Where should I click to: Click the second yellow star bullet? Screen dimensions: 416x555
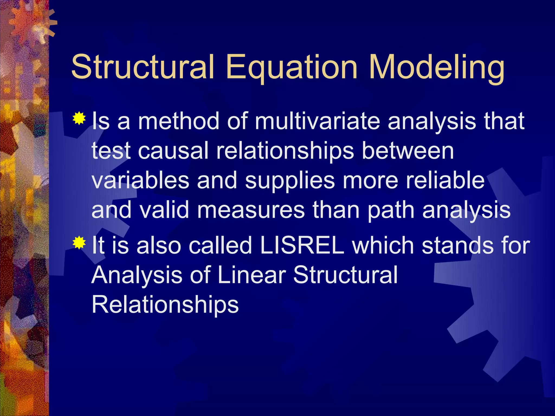(x=79, y=242)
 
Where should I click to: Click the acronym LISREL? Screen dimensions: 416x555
(x=302, y=245)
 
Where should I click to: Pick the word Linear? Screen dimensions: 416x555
(x=251, y=275)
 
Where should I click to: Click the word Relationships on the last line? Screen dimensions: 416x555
(x=165, y=304)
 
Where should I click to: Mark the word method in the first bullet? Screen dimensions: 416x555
(x=178, y=121)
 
